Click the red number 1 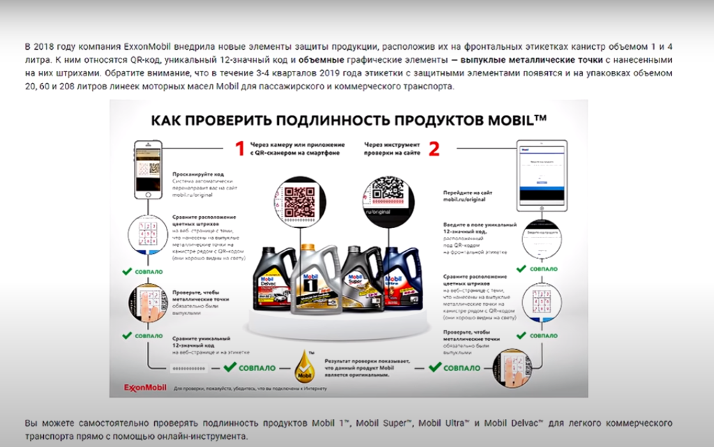(x=239, y=148)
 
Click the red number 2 (x=434, y=148)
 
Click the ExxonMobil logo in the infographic (x=145, y=387)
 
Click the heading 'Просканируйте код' (x=198, y=174)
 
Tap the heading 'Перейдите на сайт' (x=469, y=192)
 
